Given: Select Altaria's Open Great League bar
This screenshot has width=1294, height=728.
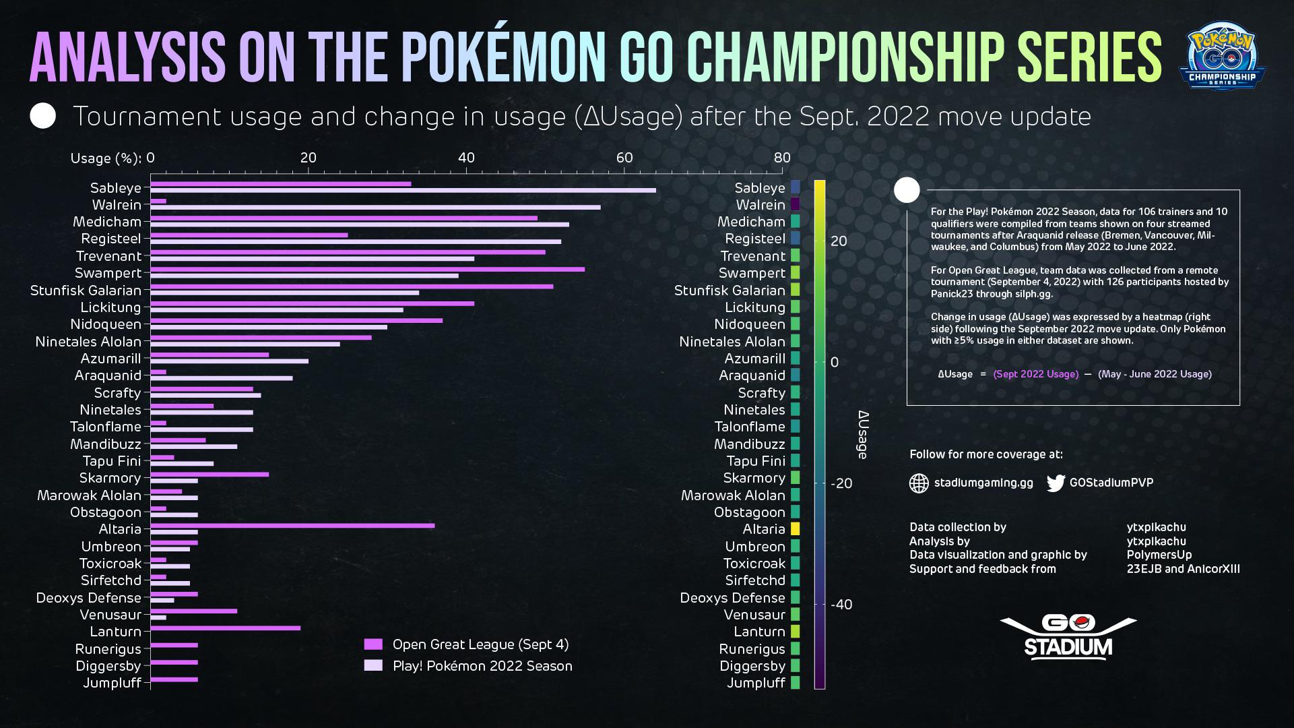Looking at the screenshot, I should (x=292, y=526).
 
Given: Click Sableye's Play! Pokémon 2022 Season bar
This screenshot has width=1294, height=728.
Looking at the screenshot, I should (x=403, y=190).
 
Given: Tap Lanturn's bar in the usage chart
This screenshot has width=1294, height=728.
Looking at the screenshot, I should (x=225, y=628).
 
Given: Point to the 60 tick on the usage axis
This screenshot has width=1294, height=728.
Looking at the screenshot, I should (x=624, y=158).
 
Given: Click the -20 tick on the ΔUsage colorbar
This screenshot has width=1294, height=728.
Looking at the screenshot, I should (x=841, y=483).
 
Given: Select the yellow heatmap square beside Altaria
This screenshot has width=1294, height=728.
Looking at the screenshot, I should (x=795, y=529).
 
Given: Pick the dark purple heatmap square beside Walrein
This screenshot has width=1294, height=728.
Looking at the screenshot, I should (x=795, y=204).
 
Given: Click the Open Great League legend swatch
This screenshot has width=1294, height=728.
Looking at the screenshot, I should (x=373, y=644).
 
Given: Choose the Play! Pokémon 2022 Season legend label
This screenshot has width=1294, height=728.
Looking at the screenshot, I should (x=482, y=666).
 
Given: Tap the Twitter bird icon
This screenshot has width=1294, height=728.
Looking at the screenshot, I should (x=1056, y=483).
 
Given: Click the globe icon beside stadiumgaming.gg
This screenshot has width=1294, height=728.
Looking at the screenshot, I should (x=919, y=483).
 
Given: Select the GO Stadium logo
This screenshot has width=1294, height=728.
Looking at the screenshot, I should (x=1068, y=636).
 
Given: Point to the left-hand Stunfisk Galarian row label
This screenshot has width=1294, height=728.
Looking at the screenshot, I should (x=86, y=291).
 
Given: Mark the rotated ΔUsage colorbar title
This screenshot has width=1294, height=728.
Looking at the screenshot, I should (x=863, y=435).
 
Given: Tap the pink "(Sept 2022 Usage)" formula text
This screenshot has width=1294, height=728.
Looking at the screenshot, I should (x=1035, y=374).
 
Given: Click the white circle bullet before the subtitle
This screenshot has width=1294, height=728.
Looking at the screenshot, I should (x=43, y=116).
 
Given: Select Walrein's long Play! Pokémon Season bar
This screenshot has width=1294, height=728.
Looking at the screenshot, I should (x=375, y=207).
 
